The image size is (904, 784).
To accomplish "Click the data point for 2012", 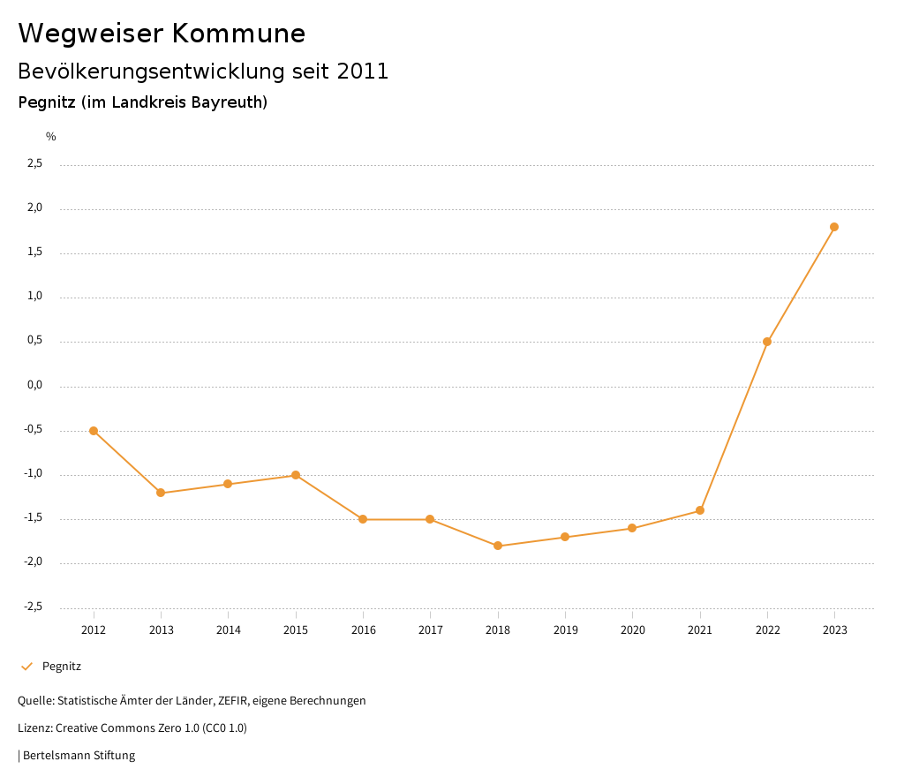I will click(x=94, y=431).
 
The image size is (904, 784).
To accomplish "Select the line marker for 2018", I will click(x=498, y=546).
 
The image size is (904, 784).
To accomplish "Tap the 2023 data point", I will click(x=834, y=227).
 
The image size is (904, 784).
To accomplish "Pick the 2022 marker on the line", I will click(x=767, y=342).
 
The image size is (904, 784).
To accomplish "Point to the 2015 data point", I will click(x=296, y=475).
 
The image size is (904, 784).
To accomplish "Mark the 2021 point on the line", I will click(x=700, y=510).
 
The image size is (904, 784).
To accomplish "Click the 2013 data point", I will click(x=161, y=493).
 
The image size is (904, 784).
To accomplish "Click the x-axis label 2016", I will click(x=363, y=629).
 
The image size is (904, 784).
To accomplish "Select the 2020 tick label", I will click(x=632, y=629).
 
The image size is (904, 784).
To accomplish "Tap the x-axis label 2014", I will click(x=228, y=629).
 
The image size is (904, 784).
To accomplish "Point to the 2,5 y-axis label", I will click(x=35, y=163).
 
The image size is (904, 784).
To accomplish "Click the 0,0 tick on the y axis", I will click(x=35, y=386).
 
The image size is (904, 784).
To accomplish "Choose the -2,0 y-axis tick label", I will click(x=34, y=562).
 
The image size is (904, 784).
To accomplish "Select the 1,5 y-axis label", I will click(x=35, y=253).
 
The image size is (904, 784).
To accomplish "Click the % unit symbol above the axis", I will click(x=51, y=137).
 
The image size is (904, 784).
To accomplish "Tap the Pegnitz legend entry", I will click(x=61, y=667).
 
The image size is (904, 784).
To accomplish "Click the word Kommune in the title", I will click(x=238, y=34).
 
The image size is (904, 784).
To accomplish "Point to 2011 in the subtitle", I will click(x=362, y=72).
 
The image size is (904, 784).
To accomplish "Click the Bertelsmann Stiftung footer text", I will click(x=79, y=756).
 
